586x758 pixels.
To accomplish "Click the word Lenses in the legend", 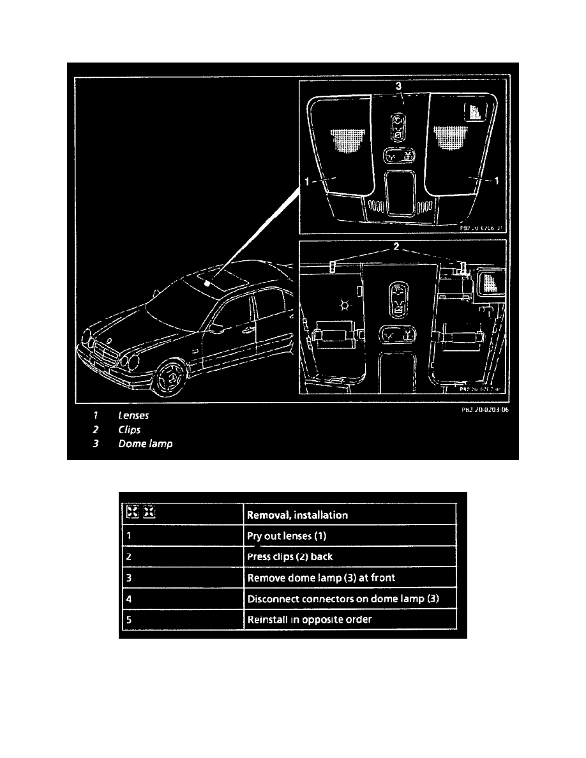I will click(x=133, y=415).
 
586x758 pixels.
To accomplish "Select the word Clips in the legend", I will click(x=129, y=429).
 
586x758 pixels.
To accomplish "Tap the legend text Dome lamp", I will click(x=145, y=443).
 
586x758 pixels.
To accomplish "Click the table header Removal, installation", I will click(x=297, y=514).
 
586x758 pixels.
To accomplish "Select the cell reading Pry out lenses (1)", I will click(x=287, y=536).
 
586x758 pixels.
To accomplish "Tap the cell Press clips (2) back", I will click(x=289, y=556).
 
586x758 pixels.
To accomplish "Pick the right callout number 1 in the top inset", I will click(x=497, y=181).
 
